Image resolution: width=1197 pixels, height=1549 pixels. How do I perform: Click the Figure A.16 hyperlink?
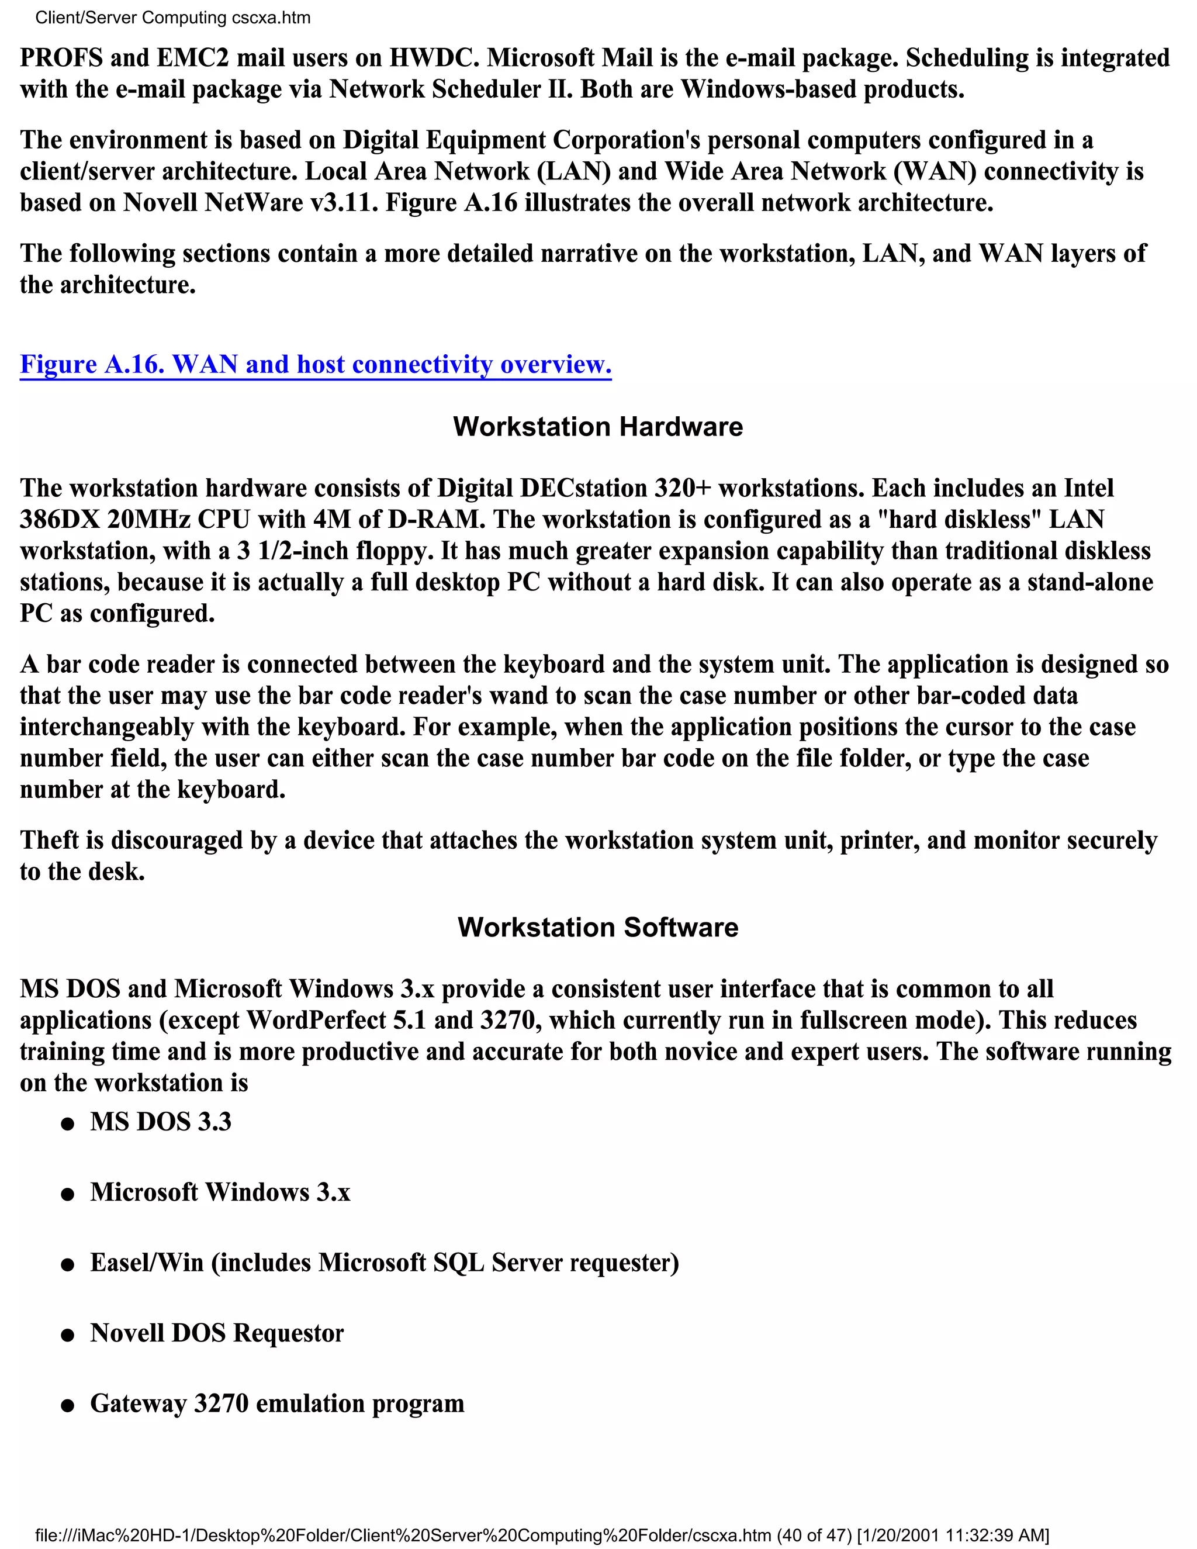tap(315, 365)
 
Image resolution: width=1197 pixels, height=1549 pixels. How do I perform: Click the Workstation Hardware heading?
tap(598, 427)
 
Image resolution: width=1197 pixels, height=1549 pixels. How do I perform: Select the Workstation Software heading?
tap(598, 928)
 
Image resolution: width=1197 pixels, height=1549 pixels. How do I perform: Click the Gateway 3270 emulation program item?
tap(276, 1403)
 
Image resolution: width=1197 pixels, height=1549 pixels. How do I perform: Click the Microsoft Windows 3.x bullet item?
tap(220, 1192)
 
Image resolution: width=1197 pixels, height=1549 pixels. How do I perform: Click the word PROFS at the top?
tap(60, 57)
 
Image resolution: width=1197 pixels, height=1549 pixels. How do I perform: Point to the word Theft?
tap(50, 841)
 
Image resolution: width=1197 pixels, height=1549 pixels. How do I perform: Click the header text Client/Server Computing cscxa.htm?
tap(173, 18)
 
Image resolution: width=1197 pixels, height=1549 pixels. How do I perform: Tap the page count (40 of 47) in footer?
tap(814, 1536)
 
